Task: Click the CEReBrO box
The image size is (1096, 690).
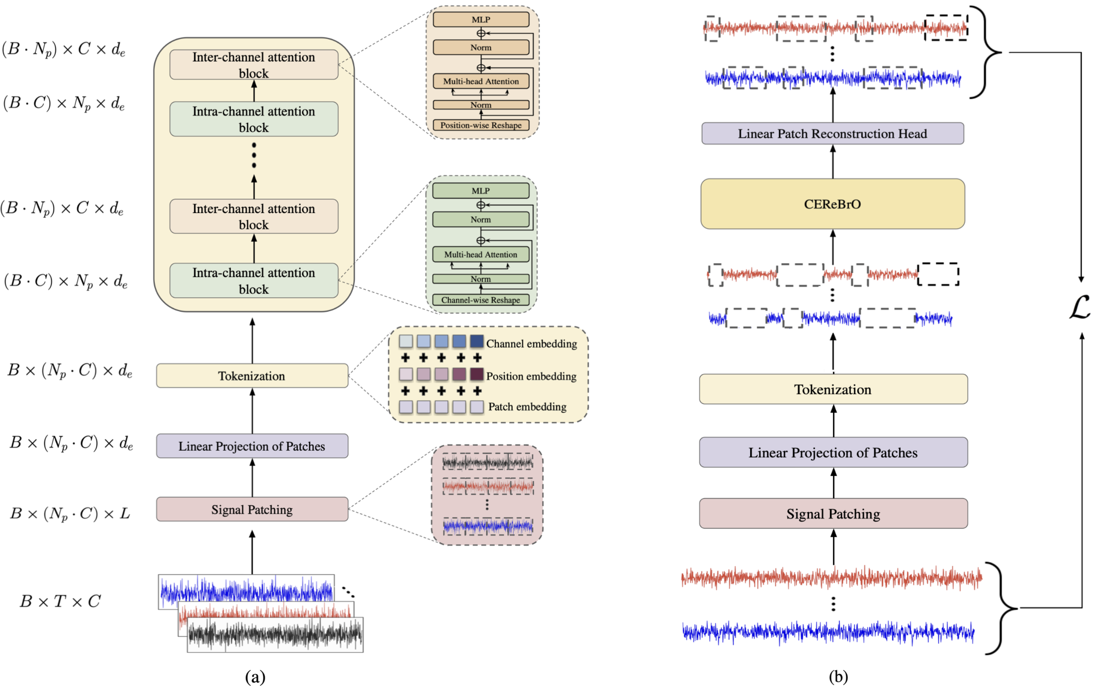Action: [x=832, y=204]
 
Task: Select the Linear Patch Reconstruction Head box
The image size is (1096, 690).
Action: [x=832, y=134]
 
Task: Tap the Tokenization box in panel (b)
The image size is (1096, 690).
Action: [x=833, y=389]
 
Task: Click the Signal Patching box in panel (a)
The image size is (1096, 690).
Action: [x=252, y=509]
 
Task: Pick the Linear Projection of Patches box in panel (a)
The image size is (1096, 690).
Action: [x=252, y=446]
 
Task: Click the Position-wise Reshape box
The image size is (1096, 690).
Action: [x=480, y=125]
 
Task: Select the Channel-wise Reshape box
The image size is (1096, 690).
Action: [x=480, y=300]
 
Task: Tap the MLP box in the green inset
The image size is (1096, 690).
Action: [x=480, y=191]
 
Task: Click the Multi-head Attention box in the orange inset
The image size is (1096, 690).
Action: [x=480, y=81]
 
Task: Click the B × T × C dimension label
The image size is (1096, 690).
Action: [x=60, y=601]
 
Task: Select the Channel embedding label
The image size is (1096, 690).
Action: [x=531, y=343]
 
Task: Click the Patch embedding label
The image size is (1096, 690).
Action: [x=527, y=406]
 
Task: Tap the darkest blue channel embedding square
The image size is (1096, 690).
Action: [x=477, y=341]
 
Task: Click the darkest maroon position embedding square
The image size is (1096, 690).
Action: [x=477, y=374]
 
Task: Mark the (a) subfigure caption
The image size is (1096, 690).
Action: [x=255, y=677]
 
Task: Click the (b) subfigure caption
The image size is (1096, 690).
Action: [x=838, y=677]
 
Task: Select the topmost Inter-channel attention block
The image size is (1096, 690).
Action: [x=253, y=65]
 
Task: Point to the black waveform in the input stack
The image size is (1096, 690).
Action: [x=275, y=634]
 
